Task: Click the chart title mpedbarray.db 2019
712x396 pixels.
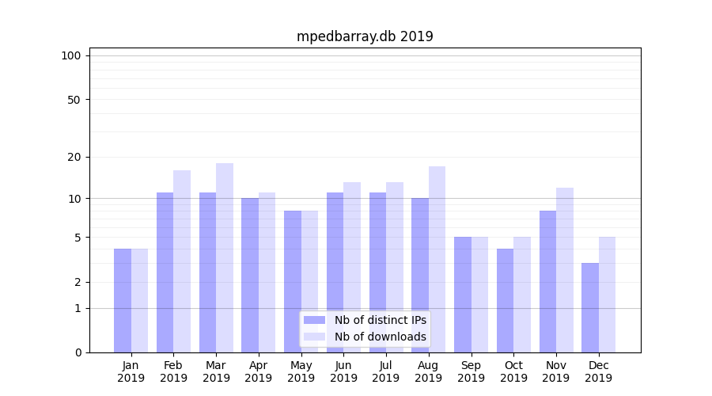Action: [x=365, y=36]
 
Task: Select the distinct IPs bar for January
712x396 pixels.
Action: [x=123, y=301]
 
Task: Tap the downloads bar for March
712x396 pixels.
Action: [x=225, y=257]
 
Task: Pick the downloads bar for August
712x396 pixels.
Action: [x=437, y=259]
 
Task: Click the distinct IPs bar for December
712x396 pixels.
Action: [x=590, y=307]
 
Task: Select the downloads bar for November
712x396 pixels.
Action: [x=565, y=270]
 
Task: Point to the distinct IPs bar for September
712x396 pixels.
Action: [x=463, y=295]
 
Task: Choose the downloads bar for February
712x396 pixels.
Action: [x=182, y=261]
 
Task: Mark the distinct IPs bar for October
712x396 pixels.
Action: [x=506, y=301]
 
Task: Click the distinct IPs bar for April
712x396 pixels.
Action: [x=250, y=275]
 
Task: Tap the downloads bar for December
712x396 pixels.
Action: [x=607, y=295]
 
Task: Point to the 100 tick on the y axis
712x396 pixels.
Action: [x=71, y=55]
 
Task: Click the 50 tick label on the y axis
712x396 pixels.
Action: [x=74, y=100]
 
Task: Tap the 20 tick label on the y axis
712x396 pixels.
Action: [x=74, y=157]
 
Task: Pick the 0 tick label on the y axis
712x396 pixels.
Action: [x=78, y=352]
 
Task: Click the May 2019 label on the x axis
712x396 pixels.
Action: [x=301, y=371]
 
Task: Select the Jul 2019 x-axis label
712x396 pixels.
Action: [x=386, y=371]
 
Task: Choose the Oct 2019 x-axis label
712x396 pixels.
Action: [x=513, y=371]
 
